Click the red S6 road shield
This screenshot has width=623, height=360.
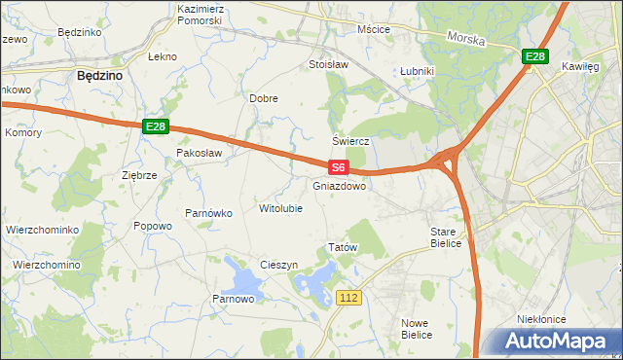tap(338, 167)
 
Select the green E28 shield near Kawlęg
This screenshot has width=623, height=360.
tap(534, 57)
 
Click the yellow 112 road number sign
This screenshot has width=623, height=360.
tap(351, 296)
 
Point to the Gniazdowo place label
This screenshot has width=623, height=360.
tap(340, 185)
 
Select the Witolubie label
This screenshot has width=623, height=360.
tap(280, 208)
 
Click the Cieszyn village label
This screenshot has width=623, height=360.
tap(278, 265)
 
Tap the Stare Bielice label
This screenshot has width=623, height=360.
tap(451, 238)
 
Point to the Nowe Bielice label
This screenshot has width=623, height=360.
tap(417, 328)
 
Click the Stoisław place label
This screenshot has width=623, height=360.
tap(328, 65)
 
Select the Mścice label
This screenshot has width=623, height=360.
tap(374, 29)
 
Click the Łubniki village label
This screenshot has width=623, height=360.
tap(417, 71)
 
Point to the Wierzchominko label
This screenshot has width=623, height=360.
tap(41, 230)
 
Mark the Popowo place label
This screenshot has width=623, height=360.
tap(153, 226)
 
